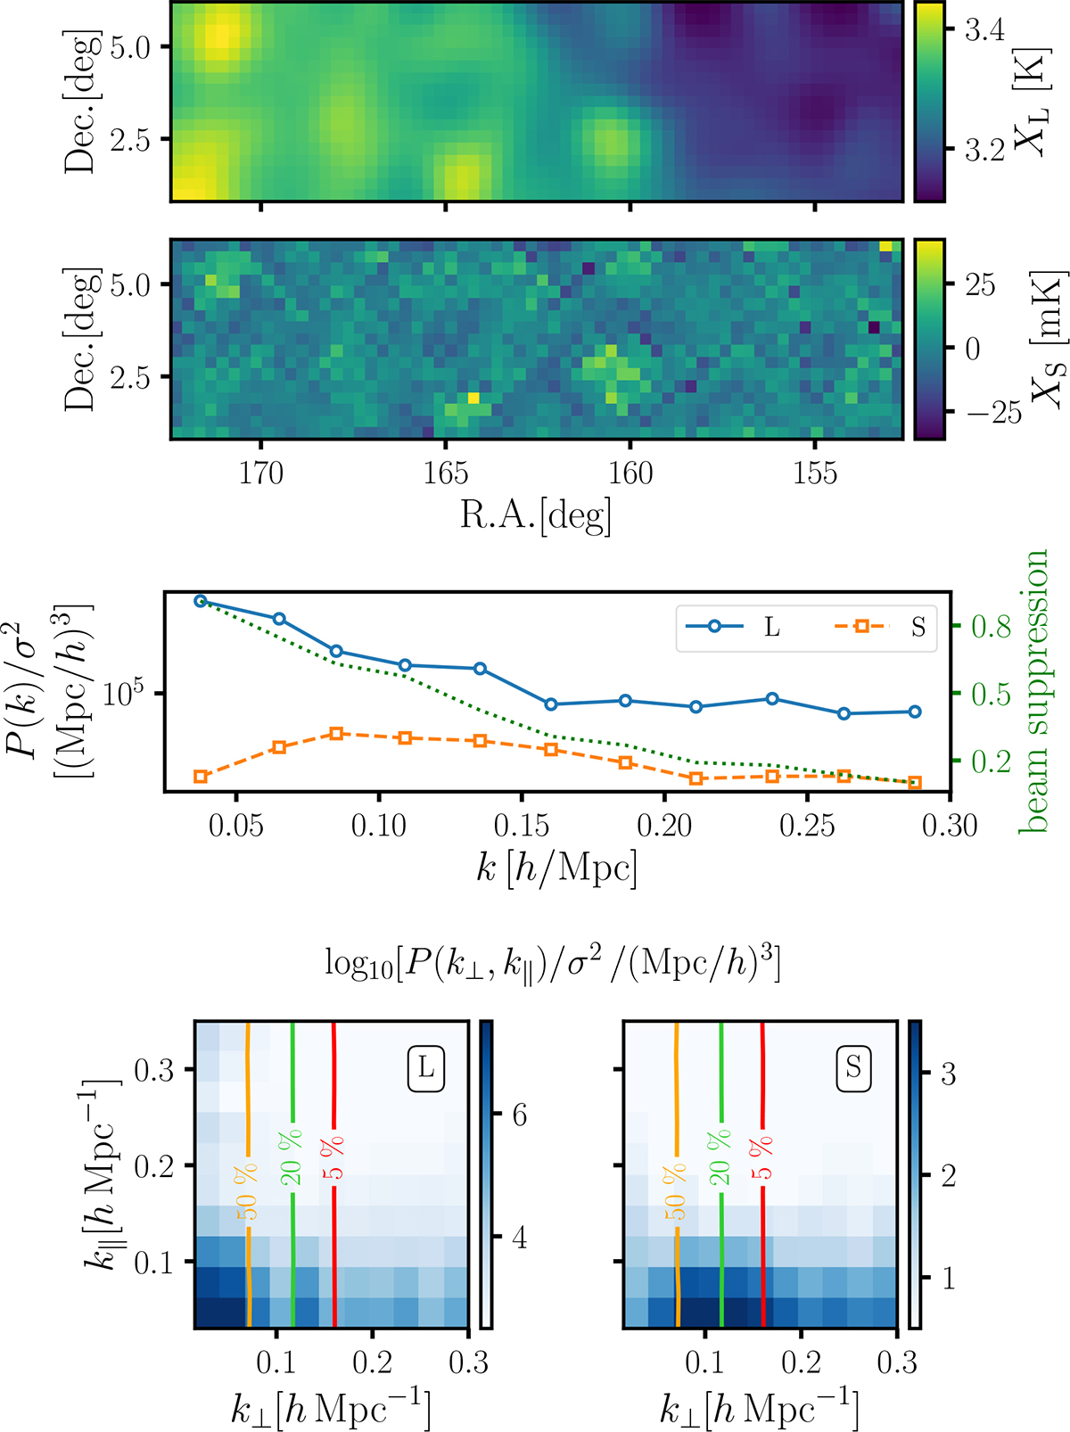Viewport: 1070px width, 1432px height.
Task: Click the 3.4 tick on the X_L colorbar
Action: coord(984,31)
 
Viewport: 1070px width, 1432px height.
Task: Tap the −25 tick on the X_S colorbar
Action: coord(993,412)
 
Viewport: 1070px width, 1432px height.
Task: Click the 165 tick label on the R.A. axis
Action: coord(445,473)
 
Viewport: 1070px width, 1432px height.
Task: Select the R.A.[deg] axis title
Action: coord(535,514)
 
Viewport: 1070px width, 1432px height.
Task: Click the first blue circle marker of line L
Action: coord(201,601)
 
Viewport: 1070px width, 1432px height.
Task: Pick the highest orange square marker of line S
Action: coord(336,734)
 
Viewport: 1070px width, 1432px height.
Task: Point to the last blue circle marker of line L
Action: coord(914,712)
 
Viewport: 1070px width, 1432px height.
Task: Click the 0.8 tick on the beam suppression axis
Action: coord(991,627)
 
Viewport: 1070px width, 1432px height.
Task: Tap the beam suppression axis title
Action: coord(1034,691)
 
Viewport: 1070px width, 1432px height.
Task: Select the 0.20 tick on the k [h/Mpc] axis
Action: coord(664,826)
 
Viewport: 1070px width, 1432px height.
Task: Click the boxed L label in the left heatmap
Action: coord(426,1066)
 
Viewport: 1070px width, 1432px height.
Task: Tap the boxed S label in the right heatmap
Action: coord(854,1066)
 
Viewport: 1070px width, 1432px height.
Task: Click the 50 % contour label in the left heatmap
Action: coord(247,1191)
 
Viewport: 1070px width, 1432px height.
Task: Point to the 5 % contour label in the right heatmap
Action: coord(762,1157)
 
